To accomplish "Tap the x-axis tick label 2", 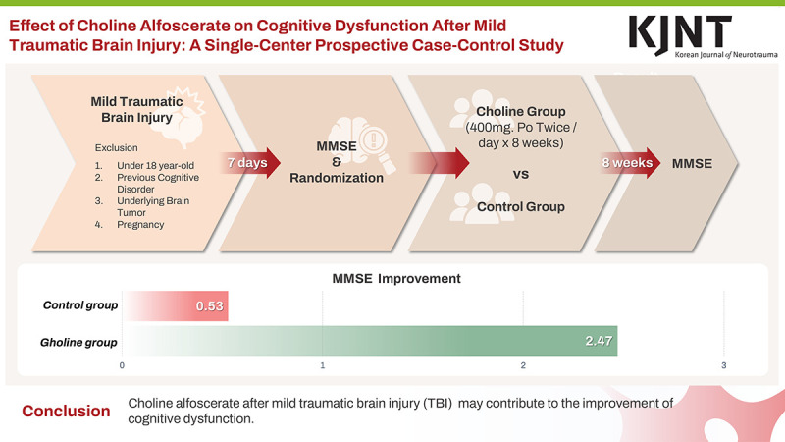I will (524, 366).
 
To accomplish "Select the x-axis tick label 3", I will (724, 366).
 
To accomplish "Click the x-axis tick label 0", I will (122, 366).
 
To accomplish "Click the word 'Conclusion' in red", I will (66, 411).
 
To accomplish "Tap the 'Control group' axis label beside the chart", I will (80, 305).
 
